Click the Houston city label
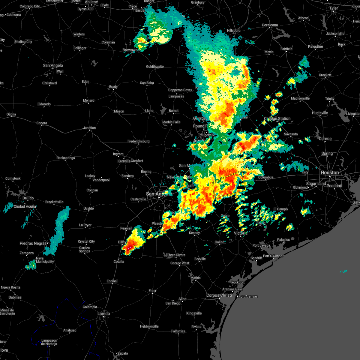click(x=329, y=172)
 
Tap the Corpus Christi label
click(x=219, y=295)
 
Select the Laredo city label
click(x=103, y=313)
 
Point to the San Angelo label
click(x=53, y=65)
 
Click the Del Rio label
click(x=28, y=198)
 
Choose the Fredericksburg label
click(x=138, y=141)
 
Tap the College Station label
click(x=277, y=118)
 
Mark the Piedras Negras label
click(x=33, y=243)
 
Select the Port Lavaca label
click(x=261, y=245)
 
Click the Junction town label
click(x=89, y=128)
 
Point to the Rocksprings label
click(x=66, y=158)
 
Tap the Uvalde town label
click(x=88, y=208)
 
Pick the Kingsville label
click(x=194, y=313)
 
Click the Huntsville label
click(x=320, y=113)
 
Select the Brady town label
click(x=113, y=87)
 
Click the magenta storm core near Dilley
click(x=130, y=248)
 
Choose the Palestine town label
click(x=315, y=46)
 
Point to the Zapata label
click(x=122, y=353)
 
